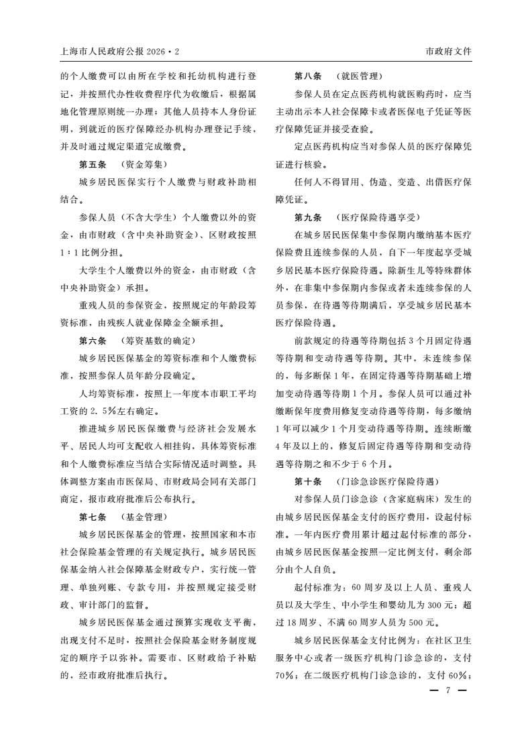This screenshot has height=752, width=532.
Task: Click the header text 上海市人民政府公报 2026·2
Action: (x=121, y=52)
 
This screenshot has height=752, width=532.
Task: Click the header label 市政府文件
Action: (x=449, y=52)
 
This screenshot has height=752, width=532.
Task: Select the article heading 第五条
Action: (x=93, y=164)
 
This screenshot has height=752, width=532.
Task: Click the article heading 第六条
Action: (x=93, y=340)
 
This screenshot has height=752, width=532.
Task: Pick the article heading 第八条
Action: (x=308, y=76)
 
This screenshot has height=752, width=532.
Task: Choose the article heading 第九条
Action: (x=308, y=217)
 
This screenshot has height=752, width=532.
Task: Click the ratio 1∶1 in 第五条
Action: (x=69, y=253)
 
